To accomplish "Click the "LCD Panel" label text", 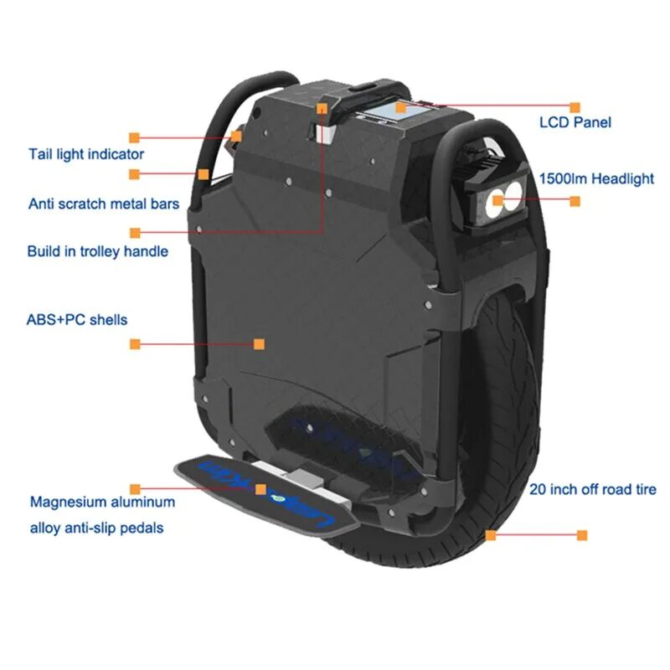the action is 575,122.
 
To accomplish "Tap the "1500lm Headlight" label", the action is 596,179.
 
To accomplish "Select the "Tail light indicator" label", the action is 86,154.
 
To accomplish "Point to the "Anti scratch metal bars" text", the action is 104,204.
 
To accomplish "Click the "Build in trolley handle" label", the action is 98,251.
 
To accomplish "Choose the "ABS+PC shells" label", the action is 78,319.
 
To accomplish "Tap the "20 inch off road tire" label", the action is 593,490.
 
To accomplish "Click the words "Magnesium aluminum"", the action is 103,502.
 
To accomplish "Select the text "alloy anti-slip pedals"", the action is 97,528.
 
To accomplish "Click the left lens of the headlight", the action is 497,200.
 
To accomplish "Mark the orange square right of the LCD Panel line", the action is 575,107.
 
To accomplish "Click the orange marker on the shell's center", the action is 259,343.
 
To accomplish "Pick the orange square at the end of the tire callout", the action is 582,534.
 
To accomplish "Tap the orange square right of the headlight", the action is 575,201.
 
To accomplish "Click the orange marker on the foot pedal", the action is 261,487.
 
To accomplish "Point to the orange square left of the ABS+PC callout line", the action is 134,343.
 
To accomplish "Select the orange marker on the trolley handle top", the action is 321,108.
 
